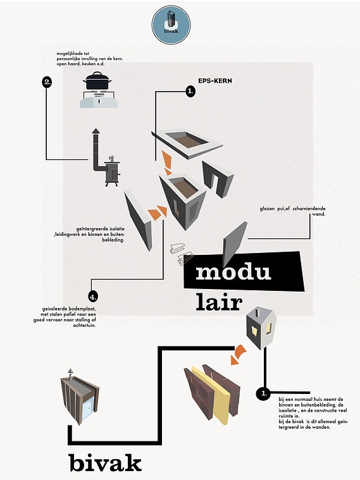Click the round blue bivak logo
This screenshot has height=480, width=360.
171,25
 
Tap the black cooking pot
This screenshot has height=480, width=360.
96,81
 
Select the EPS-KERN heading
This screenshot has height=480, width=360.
215,81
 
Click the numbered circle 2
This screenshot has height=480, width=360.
47,82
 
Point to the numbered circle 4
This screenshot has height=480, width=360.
93,297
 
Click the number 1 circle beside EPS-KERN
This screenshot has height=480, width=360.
190,91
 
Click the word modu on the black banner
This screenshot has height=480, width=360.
233,271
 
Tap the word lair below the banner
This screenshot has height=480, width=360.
219,302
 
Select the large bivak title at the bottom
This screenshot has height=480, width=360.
105,462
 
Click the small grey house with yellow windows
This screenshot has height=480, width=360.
261,328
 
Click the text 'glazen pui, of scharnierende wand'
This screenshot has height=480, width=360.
292,211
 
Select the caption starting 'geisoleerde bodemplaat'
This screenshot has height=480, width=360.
65,317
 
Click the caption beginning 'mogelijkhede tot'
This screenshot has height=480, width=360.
89,59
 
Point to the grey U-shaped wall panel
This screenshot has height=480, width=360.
218,178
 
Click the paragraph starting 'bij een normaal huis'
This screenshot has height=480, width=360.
313,413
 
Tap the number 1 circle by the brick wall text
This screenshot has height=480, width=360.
263,393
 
